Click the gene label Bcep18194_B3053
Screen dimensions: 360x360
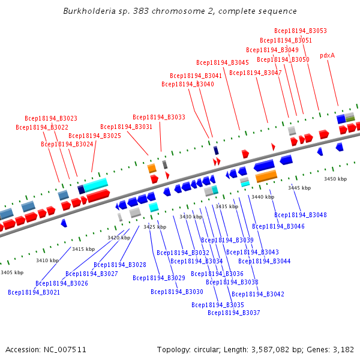point(301,31)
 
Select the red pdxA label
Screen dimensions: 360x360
point(327,55)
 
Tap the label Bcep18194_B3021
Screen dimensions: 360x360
point(34,293)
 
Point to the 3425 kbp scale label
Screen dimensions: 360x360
point(154,227)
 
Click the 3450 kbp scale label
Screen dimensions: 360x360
point(335,179)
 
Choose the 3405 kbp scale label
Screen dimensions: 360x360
point(12,272)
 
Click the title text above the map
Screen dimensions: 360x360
point(180,11)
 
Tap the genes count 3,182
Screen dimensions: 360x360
point(343,349)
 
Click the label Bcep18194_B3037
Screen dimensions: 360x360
point(234,313)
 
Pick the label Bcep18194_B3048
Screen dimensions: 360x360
point(301,215)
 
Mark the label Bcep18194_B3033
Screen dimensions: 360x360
point(159,117)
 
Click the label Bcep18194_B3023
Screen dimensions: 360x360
point(51,118)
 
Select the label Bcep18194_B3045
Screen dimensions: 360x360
point(223,62)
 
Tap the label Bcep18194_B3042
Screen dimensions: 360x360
point(258,294)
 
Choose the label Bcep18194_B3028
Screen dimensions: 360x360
point(120,265)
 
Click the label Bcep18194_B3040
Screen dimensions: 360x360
point(188,84)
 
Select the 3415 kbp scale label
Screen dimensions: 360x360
point(83,249)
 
